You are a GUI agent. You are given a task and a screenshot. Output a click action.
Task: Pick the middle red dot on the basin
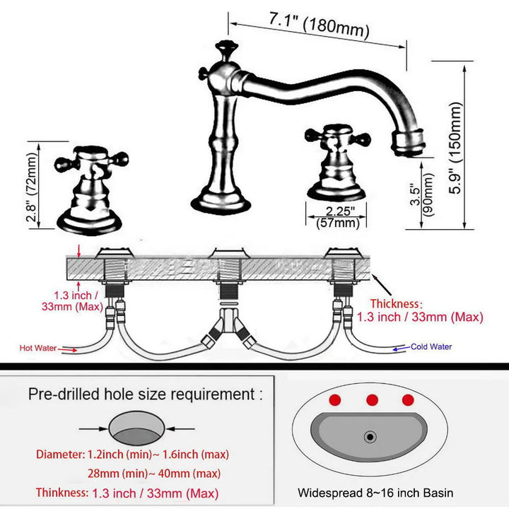(371, 400)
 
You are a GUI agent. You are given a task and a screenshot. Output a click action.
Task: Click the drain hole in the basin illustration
(370, 437)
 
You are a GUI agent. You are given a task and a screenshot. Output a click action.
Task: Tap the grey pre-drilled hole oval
(137, 428)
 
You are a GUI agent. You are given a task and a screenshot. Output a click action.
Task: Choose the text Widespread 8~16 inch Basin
(375, 493)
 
